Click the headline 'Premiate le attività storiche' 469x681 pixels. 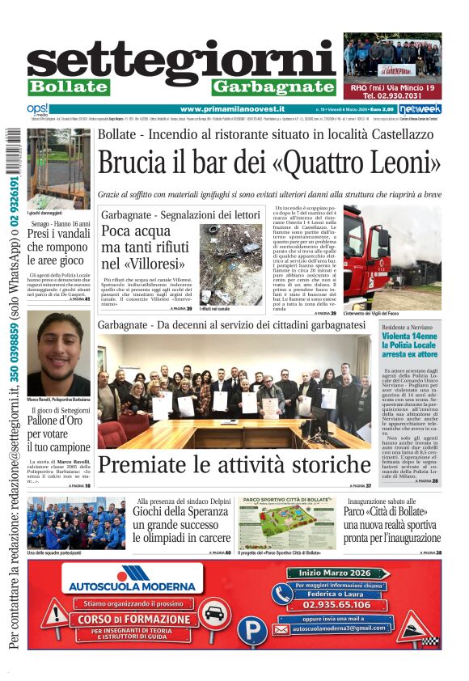[x=234, y=465]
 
